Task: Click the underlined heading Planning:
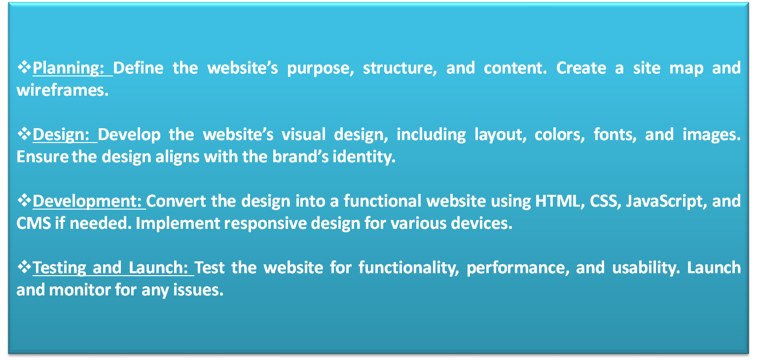69,68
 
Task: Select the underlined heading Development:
87,201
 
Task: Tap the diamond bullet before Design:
24,134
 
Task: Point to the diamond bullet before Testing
24,267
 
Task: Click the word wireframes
63,90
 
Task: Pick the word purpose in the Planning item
321,69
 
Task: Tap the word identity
364,157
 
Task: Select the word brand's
300,156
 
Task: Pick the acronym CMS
34,223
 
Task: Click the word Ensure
42,157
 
